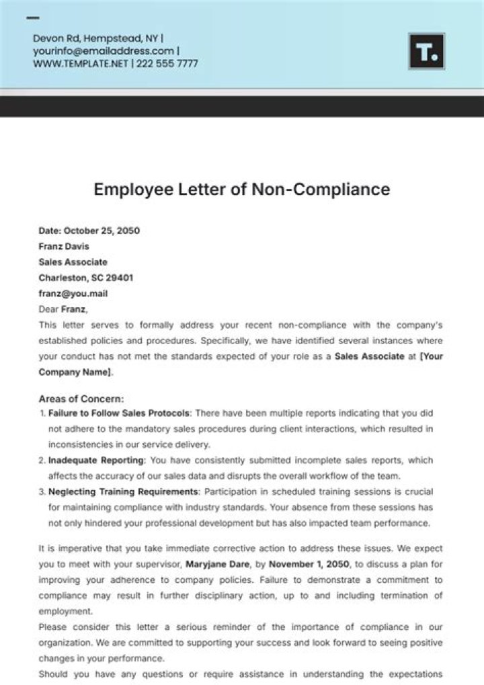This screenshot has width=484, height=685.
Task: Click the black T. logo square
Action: click(x=426, y=51)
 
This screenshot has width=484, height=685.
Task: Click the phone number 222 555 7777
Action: click(x=167, y=64)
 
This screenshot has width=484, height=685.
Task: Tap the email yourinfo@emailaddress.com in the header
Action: click(x=104, y=51)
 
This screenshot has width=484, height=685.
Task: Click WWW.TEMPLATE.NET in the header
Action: click(x=80, y=64)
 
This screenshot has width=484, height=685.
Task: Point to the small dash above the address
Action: click(x=32, y=18)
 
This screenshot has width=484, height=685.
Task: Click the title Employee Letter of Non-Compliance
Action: click(x=241, y=189)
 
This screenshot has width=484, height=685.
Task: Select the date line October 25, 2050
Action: click(x=89, y=231)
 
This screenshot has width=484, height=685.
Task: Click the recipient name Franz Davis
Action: click(x=64, y=246)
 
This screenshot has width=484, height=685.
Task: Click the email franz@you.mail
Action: click(x=73, y=293)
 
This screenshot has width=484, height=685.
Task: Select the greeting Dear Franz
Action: click(x=63, y=309)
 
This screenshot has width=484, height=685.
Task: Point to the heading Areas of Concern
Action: click(x=81, y=399)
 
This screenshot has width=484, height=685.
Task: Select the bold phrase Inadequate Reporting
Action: click(x=96, y=460)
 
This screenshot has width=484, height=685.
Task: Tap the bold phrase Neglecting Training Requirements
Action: click(x=123, y=492)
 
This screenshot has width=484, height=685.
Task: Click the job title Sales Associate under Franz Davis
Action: click(x=73, y=262)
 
